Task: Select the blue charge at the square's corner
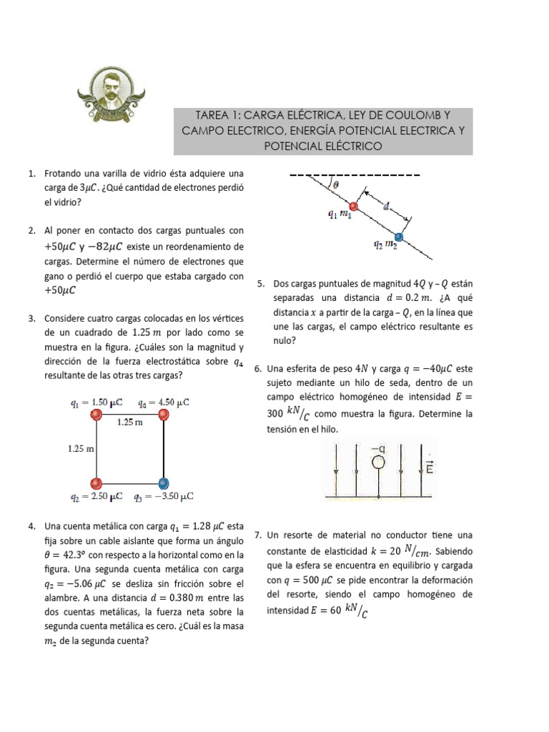pyautogui.click(x=164, y=483)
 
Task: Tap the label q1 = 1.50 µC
pyautogui.click(x=98, y=402)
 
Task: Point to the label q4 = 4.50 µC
pyautogui.click(x=164, y=402)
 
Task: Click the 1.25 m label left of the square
pyautogui.click(x=80, y=449)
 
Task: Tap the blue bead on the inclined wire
pyautogui.click(x=399, y=236)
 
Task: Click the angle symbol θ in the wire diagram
pyautogui.click(x=336, y=184)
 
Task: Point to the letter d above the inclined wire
pyautogui.click(x=386, y=206)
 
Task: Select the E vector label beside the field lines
pyautogui.click(x=429, y=468)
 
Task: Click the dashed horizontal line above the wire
pyautogui.click(x=354, y=175)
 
